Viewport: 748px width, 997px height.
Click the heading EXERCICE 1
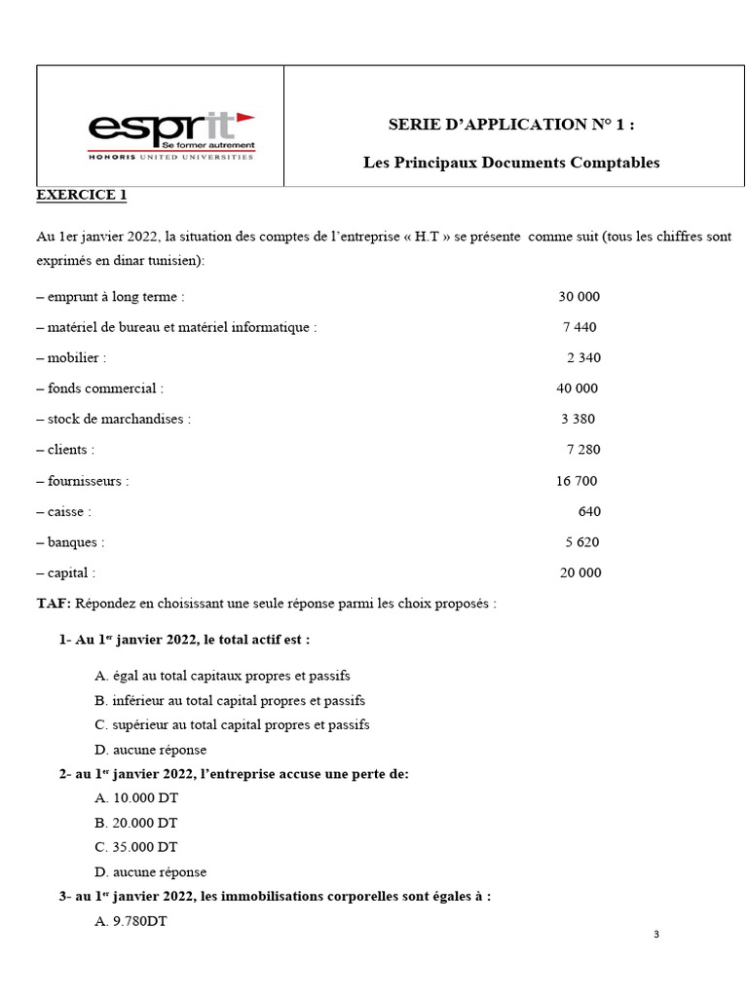(82, 195)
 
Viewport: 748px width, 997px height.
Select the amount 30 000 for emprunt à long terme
(579, 296)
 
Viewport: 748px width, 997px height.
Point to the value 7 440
(580, 327)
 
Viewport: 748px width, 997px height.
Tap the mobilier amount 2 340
(583, 357)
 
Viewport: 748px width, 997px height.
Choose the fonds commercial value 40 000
(577, 388)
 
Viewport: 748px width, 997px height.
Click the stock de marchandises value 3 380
(578, 419)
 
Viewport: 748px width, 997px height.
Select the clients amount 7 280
(583, 450)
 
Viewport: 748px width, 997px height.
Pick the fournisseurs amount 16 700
(577, 480)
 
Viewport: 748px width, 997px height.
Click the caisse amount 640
(589, 511)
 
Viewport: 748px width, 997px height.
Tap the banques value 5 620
(581, 542)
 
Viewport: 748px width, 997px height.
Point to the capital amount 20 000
(580, 572)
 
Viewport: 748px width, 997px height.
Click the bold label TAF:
(54, 604)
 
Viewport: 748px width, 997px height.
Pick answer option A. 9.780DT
(131, 922)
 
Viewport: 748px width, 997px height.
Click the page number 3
(656, 935)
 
